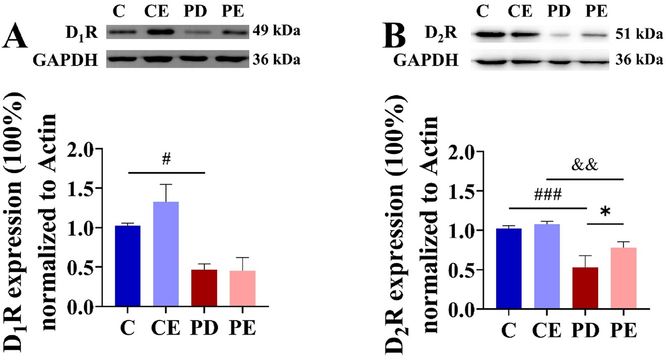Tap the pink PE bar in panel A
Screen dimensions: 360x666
click(242, 288)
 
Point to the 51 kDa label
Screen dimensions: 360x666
click(639, 35)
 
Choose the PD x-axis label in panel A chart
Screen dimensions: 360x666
click(204, 329)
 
